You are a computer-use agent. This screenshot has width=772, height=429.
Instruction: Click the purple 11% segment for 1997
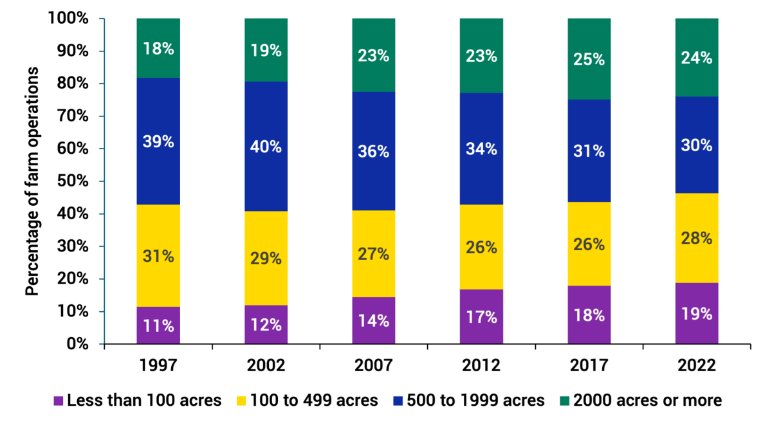158,325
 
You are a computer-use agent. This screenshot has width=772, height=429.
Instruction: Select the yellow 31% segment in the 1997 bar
158,256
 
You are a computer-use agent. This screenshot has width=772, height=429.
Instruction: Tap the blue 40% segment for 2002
266,147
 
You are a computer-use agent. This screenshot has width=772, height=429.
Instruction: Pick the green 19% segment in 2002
266,50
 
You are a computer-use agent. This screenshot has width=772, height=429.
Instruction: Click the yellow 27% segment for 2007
373,253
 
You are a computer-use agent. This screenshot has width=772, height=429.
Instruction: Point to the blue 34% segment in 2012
481,149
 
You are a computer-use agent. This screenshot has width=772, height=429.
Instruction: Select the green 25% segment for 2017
589,59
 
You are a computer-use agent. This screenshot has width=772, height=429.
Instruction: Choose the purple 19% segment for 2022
696,313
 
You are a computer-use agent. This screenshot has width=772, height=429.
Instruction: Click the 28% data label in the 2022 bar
696,238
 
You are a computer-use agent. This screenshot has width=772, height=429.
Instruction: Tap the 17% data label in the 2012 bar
481,317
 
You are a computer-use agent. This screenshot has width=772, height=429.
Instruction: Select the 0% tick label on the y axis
76,344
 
